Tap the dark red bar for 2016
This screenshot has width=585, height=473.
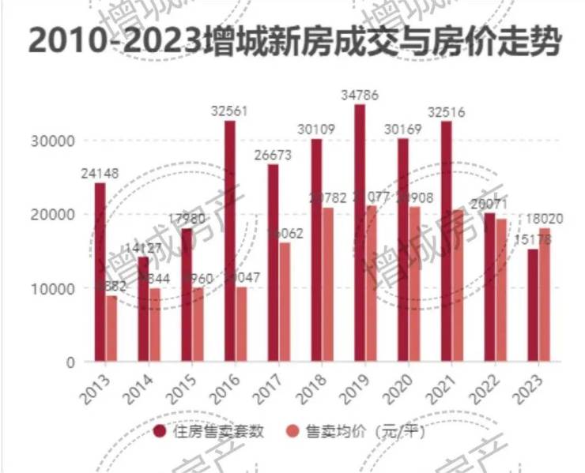coord(230,241)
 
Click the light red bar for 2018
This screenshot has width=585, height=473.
coord(327,284)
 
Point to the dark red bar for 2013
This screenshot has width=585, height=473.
coord(100,272)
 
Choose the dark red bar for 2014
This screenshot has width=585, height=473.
coord(143,309)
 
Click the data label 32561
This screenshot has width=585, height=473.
coord(230,111)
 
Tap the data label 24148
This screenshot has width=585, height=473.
coord(100,173)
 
